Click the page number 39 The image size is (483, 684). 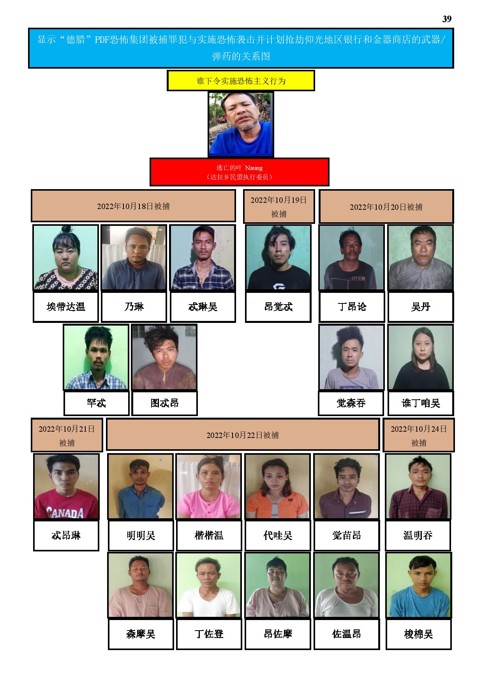(447, 19)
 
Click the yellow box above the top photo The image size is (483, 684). (241, 81)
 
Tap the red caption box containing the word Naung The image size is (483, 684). (240, 172)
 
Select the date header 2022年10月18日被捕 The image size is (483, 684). (133, 206)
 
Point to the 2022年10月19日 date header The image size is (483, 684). (279, 207)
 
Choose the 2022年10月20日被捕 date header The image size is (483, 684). (386, 207)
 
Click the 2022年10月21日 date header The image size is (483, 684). (67, 435)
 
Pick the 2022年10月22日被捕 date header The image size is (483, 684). (243, 435)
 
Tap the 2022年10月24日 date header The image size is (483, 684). (419, 435)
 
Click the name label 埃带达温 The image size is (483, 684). (66, 307)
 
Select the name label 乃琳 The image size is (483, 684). (134, 307)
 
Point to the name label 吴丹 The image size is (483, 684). (421, 307)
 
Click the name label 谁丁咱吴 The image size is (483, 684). (421, 403)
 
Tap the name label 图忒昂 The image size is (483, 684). (164, 403)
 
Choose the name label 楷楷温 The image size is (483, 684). (209, 535)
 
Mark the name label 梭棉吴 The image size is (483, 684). (419, 634)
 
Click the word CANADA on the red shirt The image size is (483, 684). (65, 512)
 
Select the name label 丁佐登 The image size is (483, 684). (209, 634)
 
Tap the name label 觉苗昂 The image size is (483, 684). (347, 535)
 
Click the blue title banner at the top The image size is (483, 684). (241, 48)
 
